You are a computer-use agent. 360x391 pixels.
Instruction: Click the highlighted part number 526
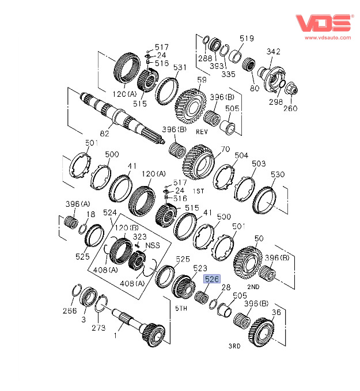pyautogui.click(x=212, y=279)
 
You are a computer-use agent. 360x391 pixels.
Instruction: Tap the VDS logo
pyautogui.click(x=324, y=23)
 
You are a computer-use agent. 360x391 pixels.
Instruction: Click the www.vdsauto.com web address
pyautogui.click(x=328, y=38)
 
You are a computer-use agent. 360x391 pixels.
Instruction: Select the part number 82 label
pyautogui.click(x=104, y=134)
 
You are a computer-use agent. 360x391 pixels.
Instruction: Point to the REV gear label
pyautogui.click(x=202, y=132)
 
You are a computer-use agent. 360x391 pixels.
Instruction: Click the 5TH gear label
pyautogui.click(x=181, y=309)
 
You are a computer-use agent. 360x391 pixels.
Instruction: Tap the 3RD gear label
pyautogui.click(x=234, y=346)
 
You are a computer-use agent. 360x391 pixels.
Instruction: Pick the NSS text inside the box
pyautogui.click(x=153, y=245)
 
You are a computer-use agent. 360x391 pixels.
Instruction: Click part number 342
pyautogui.click(x=274, y=51)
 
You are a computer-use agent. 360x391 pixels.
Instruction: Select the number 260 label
pyautogui.click(x=290, y=108)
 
